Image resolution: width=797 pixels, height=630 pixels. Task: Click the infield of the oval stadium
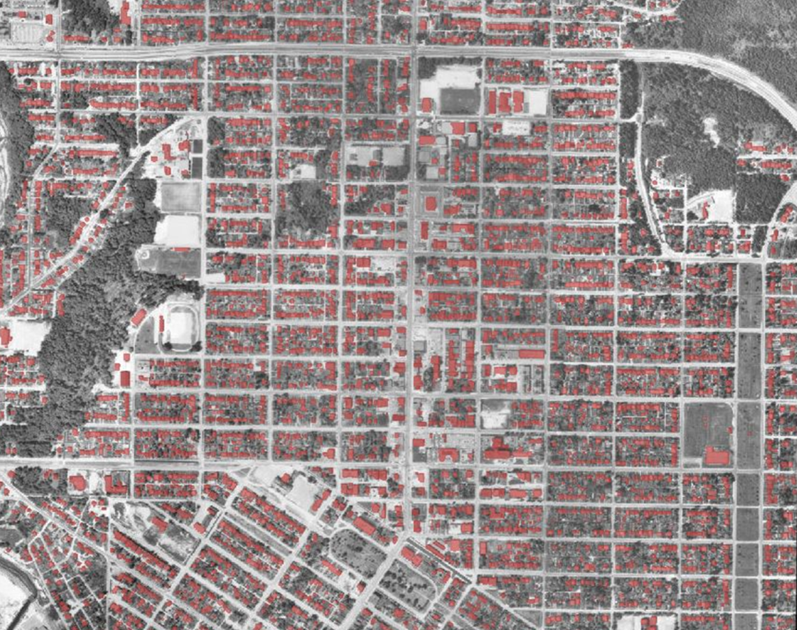[178, 327]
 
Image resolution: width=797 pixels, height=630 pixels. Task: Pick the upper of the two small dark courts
[197, 145]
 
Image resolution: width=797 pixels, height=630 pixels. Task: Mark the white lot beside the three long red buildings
[536, 102]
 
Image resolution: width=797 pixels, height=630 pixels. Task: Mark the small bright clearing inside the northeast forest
[712, 131]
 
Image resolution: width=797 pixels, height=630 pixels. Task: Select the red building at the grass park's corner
[717, 456]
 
